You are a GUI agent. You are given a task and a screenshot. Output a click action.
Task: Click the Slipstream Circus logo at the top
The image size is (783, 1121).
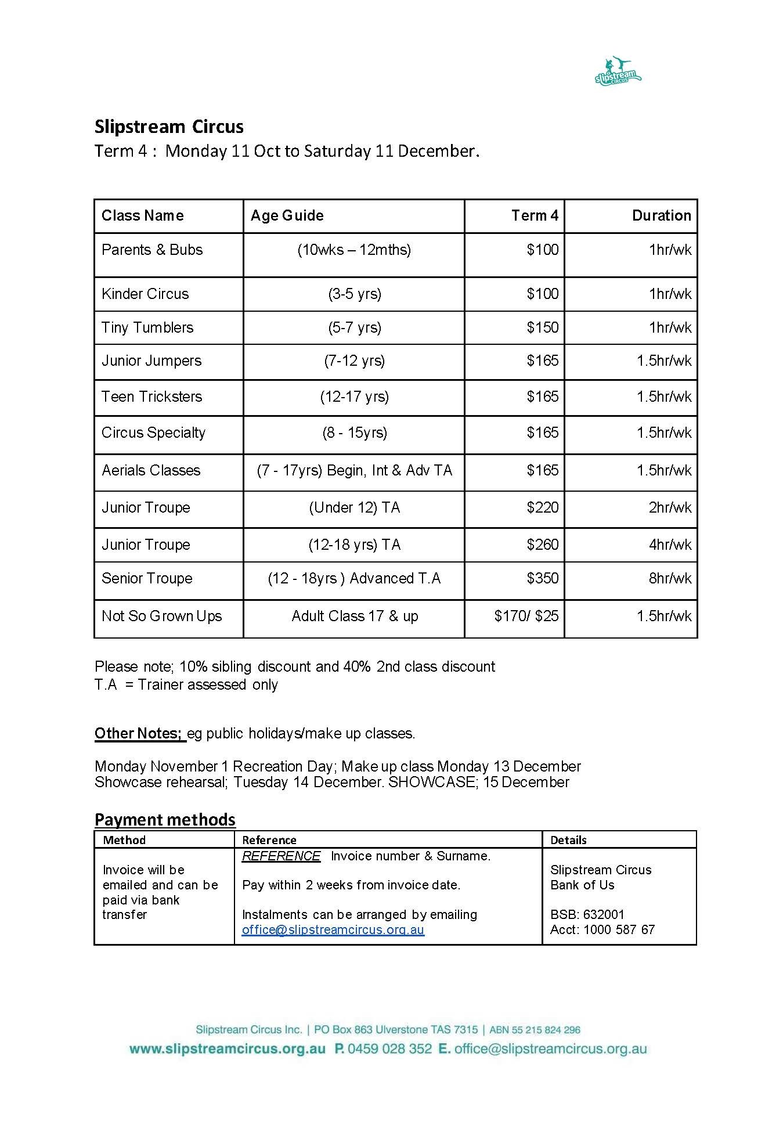tap(618, 71)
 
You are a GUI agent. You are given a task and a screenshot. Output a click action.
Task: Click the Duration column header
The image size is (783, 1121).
tap(661, 215)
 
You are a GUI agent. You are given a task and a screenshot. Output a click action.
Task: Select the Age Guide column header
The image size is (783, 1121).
tap(287, 215)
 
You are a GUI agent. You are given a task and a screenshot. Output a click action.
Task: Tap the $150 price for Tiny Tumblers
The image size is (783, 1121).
tap(542, 327)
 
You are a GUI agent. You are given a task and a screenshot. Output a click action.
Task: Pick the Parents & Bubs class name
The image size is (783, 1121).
tap(152, 250)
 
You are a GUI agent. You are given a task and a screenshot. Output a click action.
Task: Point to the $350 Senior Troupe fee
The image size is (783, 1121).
tap(542, 578)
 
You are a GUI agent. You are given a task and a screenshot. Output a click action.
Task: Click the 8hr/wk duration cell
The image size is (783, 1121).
tap(670, 578)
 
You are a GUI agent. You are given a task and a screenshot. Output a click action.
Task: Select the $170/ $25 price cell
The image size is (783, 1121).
tap(526, 616)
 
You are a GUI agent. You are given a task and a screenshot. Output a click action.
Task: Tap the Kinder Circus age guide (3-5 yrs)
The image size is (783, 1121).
tap(354, 294)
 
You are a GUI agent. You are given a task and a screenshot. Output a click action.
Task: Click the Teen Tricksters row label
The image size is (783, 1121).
tap(152, 397)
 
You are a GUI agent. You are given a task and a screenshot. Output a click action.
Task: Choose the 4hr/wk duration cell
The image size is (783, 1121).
tap(670, 545)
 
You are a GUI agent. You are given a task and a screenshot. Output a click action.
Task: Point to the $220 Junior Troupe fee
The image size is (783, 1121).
tap(542, 507)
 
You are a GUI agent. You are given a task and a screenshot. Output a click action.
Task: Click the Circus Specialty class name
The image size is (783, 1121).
tap(153, 432)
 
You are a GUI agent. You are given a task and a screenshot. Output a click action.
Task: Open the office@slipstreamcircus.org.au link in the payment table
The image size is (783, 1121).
tap(333, 929)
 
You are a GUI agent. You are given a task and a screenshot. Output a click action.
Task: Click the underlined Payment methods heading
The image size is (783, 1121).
tap(165, 819)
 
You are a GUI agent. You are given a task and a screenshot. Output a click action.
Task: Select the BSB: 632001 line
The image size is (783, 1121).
tap(587, 914)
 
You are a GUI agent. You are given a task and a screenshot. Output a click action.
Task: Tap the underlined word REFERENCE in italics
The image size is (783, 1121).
tap(281, 856)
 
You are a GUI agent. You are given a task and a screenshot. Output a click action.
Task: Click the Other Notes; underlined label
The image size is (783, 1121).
tap(139, 733)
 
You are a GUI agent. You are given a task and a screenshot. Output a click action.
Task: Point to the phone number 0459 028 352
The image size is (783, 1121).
tap(389, 1049)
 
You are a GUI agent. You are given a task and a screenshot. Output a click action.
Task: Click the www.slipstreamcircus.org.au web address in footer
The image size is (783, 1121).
tap(227, 1049)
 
